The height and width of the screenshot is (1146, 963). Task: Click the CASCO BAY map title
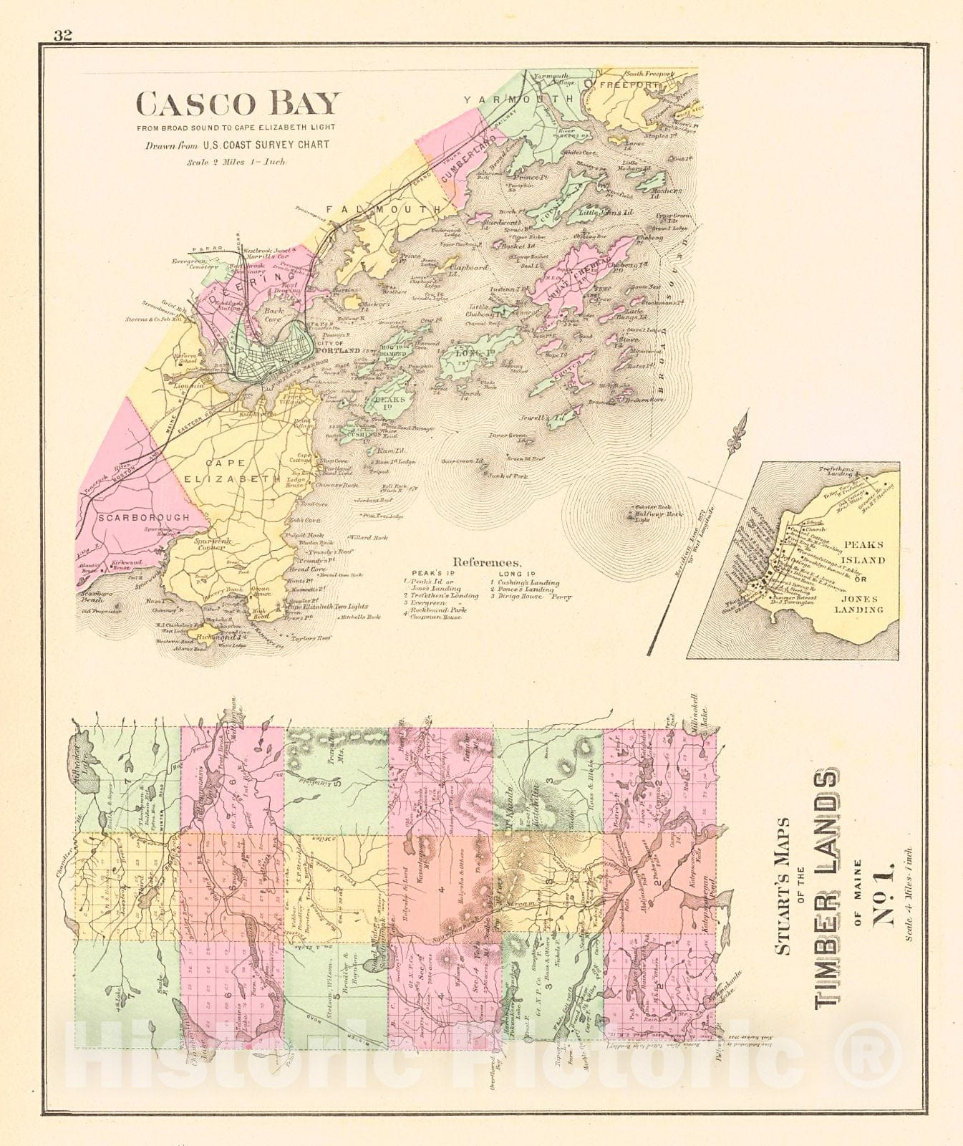(x=237, y=105)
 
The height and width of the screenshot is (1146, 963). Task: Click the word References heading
(x=485, y=563)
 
